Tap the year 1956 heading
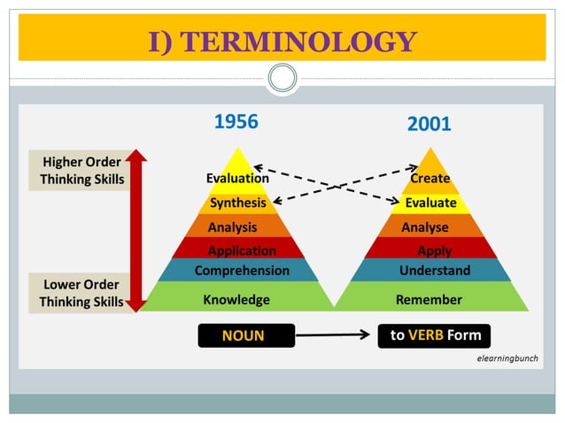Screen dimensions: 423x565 tap(236, 122)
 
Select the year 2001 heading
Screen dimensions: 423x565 tap(430, 125)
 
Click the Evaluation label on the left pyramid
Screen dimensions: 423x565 tap(237, 178)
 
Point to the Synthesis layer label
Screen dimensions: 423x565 tap(237, 203)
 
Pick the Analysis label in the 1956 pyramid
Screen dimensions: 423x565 tap(233, 227)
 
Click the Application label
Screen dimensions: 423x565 tap(242, 250)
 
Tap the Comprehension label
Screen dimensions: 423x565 tap(242, 270)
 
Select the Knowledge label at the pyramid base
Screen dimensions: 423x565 tap(236, 299)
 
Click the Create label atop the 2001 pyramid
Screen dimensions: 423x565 tap(430, 178)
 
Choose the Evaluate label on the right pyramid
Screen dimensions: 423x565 tap(430, 203)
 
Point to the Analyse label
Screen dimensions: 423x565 tap(425, 227)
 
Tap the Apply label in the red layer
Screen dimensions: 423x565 tap(435, 250)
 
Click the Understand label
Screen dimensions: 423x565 tap(435, 270)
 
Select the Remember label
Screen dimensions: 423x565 tap(429, 299)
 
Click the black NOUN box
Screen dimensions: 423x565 tap(243, 335)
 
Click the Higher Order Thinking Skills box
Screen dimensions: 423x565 tap(82, 171)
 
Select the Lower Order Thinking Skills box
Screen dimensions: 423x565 tap(81, 293)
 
